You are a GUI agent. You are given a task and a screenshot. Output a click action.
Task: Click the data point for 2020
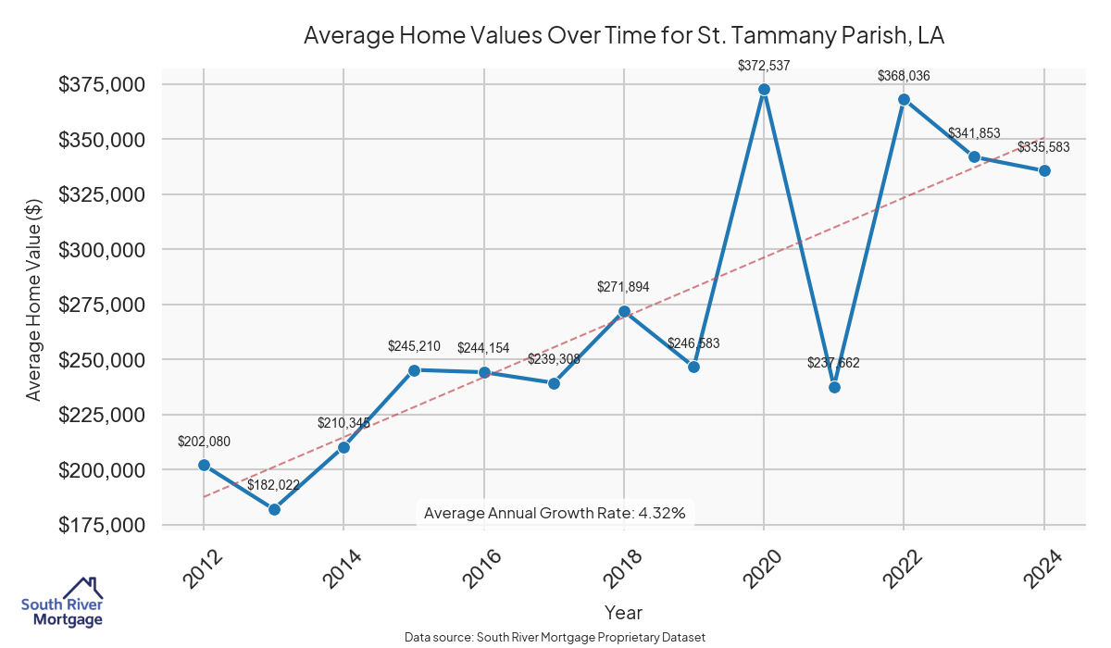[x=764, y=90]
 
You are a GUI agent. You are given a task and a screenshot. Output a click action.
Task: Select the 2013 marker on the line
[x=274, y=509]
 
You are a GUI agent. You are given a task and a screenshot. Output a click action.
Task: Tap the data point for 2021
[x=834, y=387]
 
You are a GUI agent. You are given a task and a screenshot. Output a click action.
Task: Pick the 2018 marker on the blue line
[x=624, y=311]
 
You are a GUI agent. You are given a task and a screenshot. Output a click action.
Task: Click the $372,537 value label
[x=764, y=66]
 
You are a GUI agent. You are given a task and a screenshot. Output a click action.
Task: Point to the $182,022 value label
[x=274, y=484]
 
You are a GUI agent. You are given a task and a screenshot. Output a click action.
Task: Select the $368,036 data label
[x=904, y=76]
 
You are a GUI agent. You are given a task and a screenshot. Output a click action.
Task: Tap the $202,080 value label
[x=204, y=442]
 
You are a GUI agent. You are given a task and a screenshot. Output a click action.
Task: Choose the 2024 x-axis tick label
[x=1042, y=568]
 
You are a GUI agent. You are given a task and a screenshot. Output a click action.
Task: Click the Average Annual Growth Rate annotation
[x=554, y=513]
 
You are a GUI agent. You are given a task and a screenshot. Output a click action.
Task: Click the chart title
[x=623, y=36]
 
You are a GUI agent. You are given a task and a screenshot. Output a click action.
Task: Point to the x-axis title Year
[x=623, y=612]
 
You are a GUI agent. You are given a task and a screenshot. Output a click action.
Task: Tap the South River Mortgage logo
[x=62, y=604]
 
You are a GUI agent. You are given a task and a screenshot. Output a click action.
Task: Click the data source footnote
[x=555, y=638]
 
